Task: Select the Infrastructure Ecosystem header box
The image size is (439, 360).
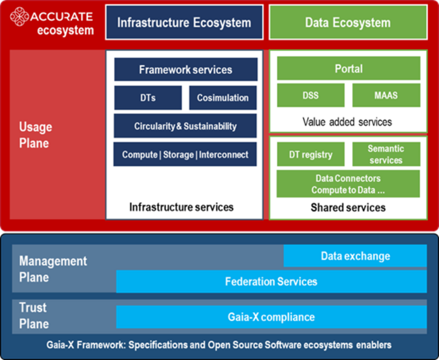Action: click(184, 23)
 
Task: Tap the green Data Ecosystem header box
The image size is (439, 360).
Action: click(347, 23)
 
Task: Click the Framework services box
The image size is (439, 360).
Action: click(185, 70)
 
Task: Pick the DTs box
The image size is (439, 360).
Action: click(148, 98)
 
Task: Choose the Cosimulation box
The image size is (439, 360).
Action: click(222, 98)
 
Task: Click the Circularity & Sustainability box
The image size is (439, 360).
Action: click(185, 126)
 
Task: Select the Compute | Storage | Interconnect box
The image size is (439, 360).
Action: click(185, 154)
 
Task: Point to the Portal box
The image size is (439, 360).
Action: click(348, 68)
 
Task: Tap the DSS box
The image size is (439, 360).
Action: click(311, 95)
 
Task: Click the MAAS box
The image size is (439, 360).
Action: click(386, 95)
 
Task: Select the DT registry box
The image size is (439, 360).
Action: click(311, 154)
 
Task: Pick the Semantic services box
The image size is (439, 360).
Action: click(386, 154)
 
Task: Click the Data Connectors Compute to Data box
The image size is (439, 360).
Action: click(348, 184)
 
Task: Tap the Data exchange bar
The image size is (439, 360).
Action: click(355, 256)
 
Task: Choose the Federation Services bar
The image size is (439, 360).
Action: click(271, 281)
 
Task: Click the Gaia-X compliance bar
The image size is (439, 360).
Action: click(271, 317)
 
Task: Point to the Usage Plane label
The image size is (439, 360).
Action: click(35, 135)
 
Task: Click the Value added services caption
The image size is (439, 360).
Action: click(347, 122)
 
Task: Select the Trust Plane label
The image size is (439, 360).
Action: click(34, 316)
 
